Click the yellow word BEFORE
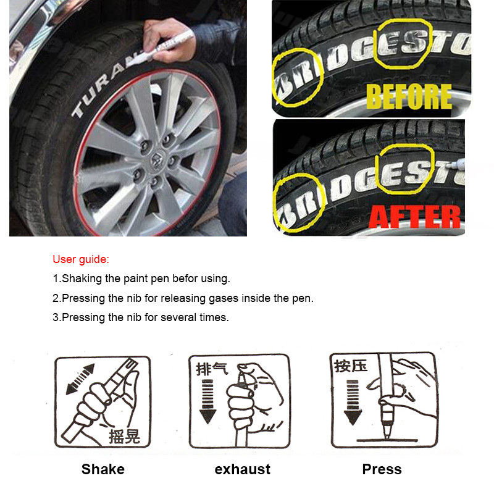coord(409,97)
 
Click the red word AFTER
coord(415,216)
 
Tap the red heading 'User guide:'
coord(81,259)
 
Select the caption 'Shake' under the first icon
coord(103,469)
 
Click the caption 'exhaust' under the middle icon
coord(243,469)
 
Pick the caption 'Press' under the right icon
coord(382,469)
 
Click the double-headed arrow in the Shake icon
coord(80,379)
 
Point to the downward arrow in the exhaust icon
coord(207,401)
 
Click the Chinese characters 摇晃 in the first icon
coord(124,437)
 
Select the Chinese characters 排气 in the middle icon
coord(212,369)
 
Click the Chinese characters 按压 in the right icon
coord(351,365)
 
